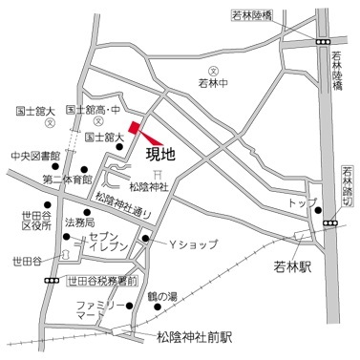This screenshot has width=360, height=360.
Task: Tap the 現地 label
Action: pos(159,151)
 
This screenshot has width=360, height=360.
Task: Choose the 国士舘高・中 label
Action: pos(95,112)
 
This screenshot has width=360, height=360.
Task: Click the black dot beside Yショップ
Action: pos(146,238)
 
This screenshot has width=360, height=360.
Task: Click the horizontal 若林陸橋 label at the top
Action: pos(252,13)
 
